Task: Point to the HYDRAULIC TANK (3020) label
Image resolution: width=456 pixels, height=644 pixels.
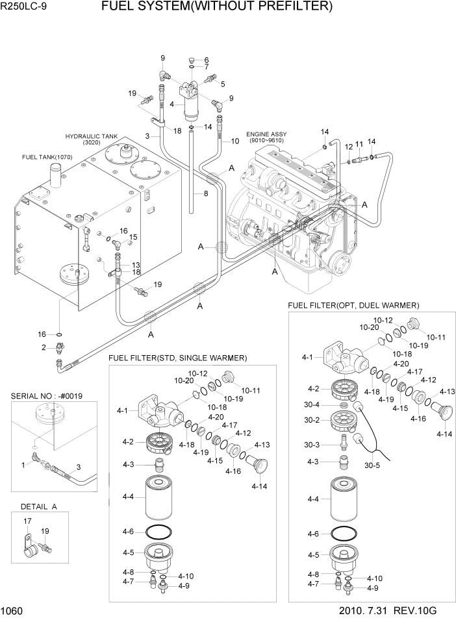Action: pos(90,140)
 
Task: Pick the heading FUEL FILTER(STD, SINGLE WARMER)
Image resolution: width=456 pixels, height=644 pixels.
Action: pos(177,358)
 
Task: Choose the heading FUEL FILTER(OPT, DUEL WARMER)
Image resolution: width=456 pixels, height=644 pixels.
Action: pos(353,305)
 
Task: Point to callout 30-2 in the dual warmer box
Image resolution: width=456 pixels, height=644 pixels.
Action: pos(312,420)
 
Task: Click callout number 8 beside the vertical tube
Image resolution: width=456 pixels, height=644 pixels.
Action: pos(206,193)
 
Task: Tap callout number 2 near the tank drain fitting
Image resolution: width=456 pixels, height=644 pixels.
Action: pos(44,348)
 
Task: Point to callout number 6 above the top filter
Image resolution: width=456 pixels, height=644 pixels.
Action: pos(206,60)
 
